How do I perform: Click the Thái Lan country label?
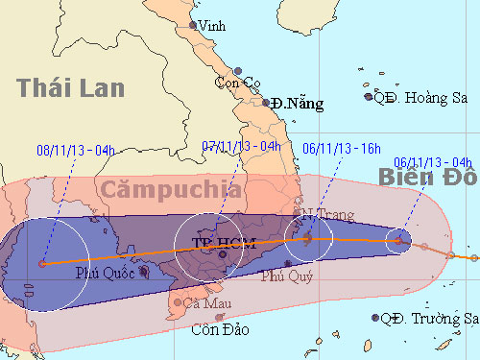tap(71, 88)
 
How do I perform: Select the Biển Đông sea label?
tap(426, 177)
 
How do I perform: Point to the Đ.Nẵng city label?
tap(298, 102)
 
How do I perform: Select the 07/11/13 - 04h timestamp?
tap(242, 146)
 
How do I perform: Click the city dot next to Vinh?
tap(193, 25)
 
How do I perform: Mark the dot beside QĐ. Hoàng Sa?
tap(368, 96)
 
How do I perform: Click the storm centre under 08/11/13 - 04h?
tap(42, 262)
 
